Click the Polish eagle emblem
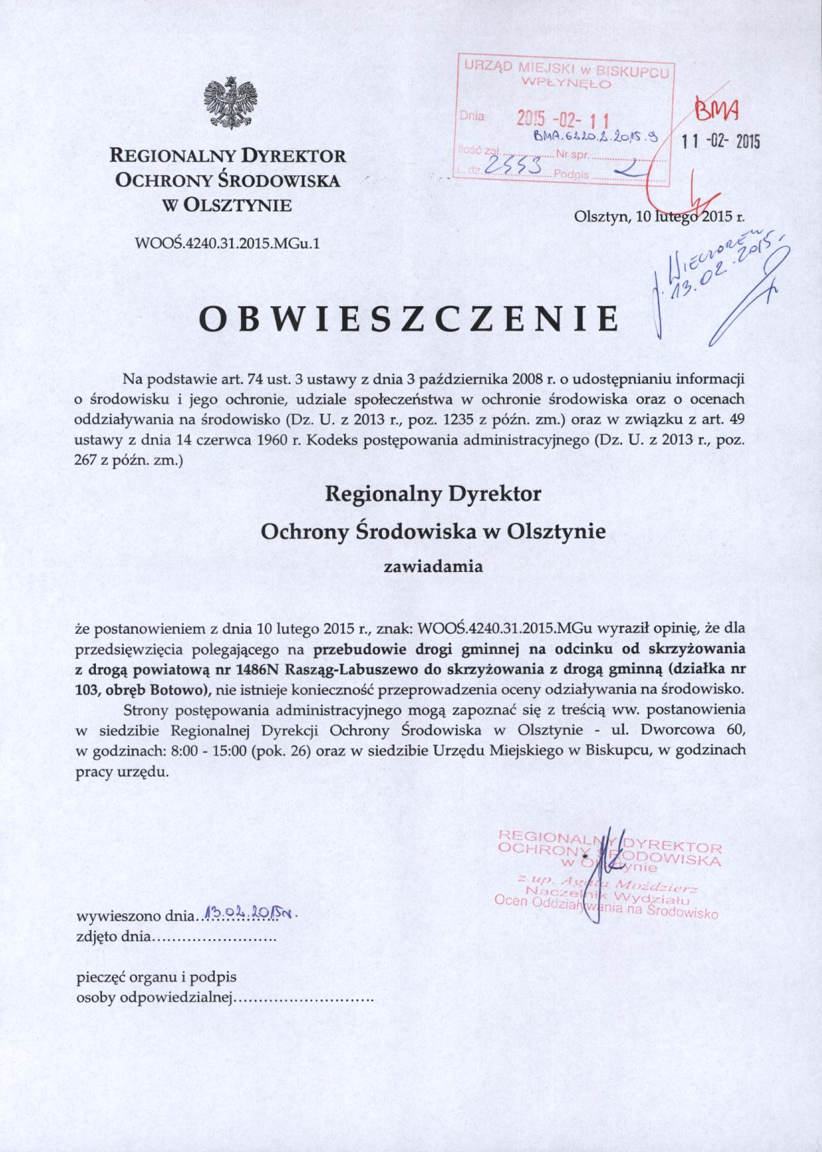point(230,103)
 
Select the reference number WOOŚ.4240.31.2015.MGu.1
point(227,243)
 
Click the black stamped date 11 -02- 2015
point(721,142)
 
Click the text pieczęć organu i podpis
point(157,976)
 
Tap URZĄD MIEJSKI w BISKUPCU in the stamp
point(566,68)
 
